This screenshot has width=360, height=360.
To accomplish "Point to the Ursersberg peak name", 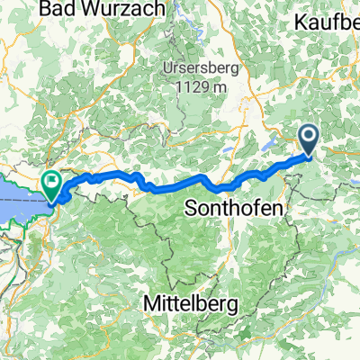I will click(202, 69).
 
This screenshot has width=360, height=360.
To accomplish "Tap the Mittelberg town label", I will click(190, 305).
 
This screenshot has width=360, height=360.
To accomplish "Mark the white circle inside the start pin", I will click(309, 138).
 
